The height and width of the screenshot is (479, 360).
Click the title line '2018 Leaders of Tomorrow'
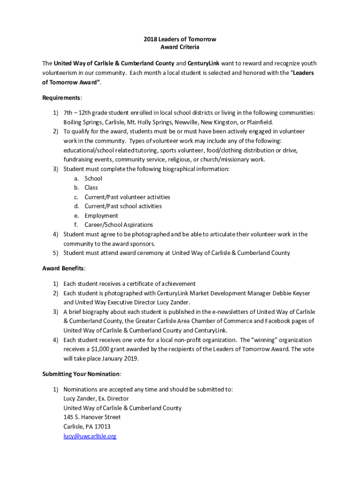tap(180, 39)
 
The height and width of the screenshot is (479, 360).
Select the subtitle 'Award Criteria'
tap(180, 48)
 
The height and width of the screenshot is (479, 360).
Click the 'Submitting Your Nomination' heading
tap(81, 374)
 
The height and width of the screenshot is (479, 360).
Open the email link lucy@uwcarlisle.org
tap(90, 436)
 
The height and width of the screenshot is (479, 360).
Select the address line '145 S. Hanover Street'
tap(92, 417)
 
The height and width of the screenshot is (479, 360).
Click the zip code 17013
tap(102, 427)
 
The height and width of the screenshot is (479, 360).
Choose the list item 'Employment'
tap(101, 216)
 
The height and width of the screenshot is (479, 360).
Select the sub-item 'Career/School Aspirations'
tap(118, 225)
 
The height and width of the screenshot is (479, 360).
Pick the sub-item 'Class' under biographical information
tap(91, 188)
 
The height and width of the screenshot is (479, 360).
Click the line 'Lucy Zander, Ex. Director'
tap(96, 399)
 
